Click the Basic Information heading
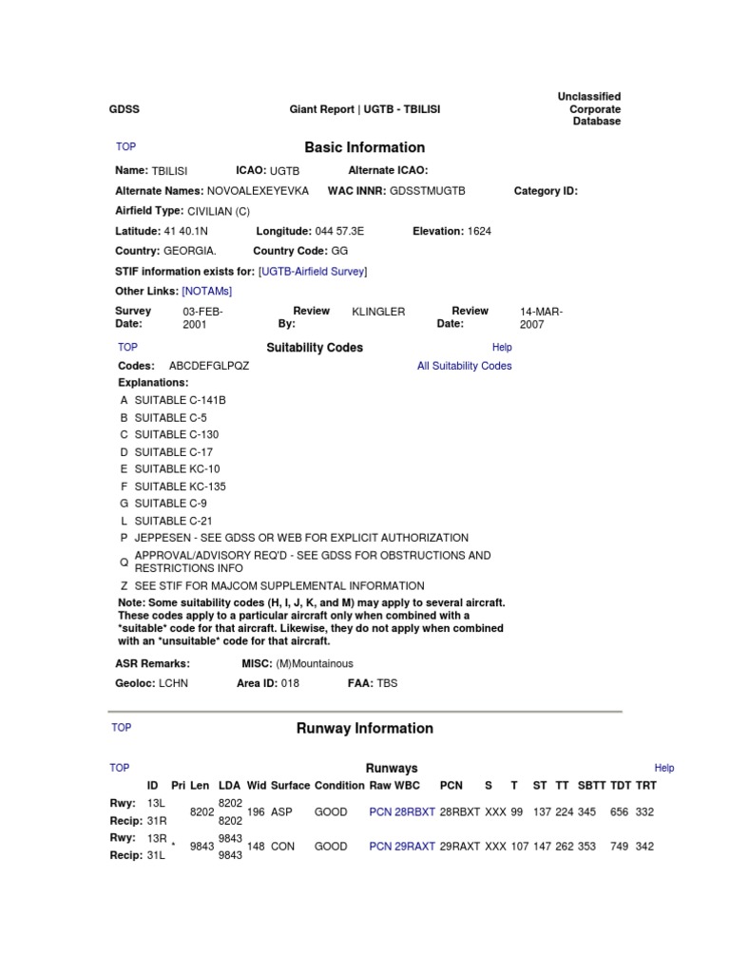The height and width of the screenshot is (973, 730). [364, 147]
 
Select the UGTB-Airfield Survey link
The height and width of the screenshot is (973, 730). [313, 272]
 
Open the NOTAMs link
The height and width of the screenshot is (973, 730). [207, 291]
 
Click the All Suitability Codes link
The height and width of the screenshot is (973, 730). [464, 366]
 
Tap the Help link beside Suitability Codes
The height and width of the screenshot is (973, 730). [502, 348]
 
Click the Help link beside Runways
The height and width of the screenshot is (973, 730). [664, 768]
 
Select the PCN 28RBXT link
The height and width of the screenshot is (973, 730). [402, 812]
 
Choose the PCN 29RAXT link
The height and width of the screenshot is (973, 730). [402, 847]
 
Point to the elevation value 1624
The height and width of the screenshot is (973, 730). [479, 231]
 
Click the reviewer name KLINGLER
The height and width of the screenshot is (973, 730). [378, 312]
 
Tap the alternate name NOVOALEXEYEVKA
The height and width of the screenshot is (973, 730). [258, 191]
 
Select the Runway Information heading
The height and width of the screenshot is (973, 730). [365, 729]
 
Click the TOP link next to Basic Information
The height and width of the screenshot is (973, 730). [125, 146]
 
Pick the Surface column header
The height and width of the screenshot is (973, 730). [290, 786]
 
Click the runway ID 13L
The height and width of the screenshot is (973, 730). [156, 803]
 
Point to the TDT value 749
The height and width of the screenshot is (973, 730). [620, 847]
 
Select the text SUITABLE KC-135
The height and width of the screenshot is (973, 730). [180, 486]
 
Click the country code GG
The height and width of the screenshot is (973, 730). [339, 251]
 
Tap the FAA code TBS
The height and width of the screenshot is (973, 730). [389, 683]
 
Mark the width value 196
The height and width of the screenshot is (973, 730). [256, 812]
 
